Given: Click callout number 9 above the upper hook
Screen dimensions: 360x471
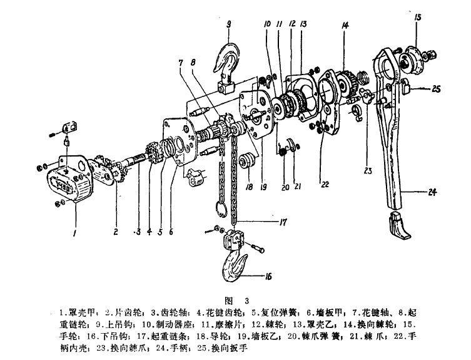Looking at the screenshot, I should pyautogui.click(x=229, y=24).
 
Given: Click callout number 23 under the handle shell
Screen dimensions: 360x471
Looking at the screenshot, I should pyautogui.click(x=367, y=169).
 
